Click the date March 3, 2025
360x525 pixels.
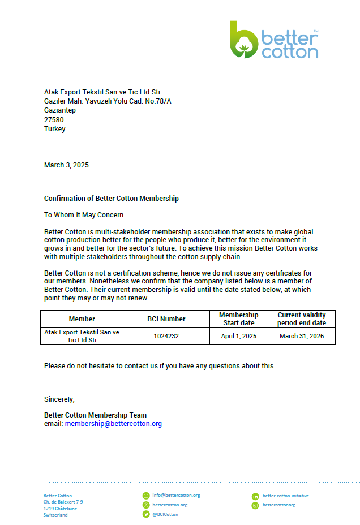pyautogui.click(x=66, y=165)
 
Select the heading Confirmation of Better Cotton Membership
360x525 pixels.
pyautogui.click(x=112, y=199)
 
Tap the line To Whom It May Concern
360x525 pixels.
pyautogui.click(x=84, y=215)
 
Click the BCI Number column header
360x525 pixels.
pyautogui.click(x=166, y=319)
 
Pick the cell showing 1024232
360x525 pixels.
pyautogui.click(x=166, y=336)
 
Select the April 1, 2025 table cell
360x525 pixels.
pyautogui.click(x=238, y=336)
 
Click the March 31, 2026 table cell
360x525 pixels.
pyautogui.click(x=302, y=336)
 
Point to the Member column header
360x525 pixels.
pyautogui.click(x=82, y=319)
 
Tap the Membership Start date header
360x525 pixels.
pyautogui.click(x=238, y=319)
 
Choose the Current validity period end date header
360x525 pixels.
pyautogui.click(x=302, y=319)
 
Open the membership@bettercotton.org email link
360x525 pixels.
pyautogui.click(x=113, y=424)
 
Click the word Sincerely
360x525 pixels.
pyautogui.click(x=59, y=399)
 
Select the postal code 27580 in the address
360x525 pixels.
pyautogui.click(x=54, y=119)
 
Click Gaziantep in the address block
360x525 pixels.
pyautogui.click(x=60, y=110)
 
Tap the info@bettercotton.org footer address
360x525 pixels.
pyautogui.click(x=176, y=495)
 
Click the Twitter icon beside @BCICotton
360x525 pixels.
pyautogui.click(x=146, y=514)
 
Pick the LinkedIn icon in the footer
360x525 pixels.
pyautogui.click(x=255, y=496)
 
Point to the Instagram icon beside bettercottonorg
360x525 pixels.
pyautogui.click(x=255, y=505)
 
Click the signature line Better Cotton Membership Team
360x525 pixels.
pyautogui.click(x=95, y=415)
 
